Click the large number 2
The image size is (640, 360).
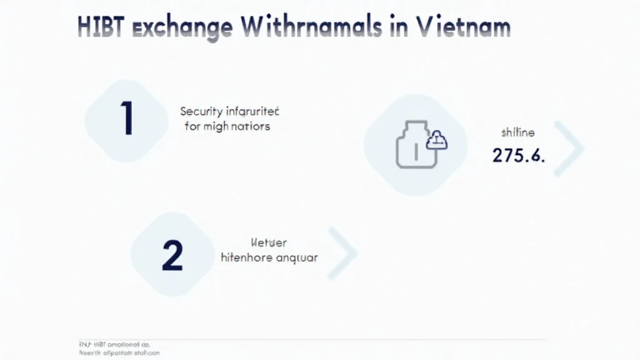pos(172,255)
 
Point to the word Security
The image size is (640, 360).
pos(201,111)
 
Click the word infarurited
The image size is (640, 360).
pos(252,111)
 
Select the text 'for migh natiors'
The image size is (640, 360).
pos(227,126)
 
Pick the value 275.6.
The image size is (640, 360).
pos(518,156)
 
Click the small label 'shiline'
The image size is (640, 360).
pos(517,132)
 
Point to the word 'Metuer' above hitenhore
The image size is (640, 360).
pos(268,242)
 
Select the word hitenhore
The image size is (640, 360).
pos(246,257)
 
